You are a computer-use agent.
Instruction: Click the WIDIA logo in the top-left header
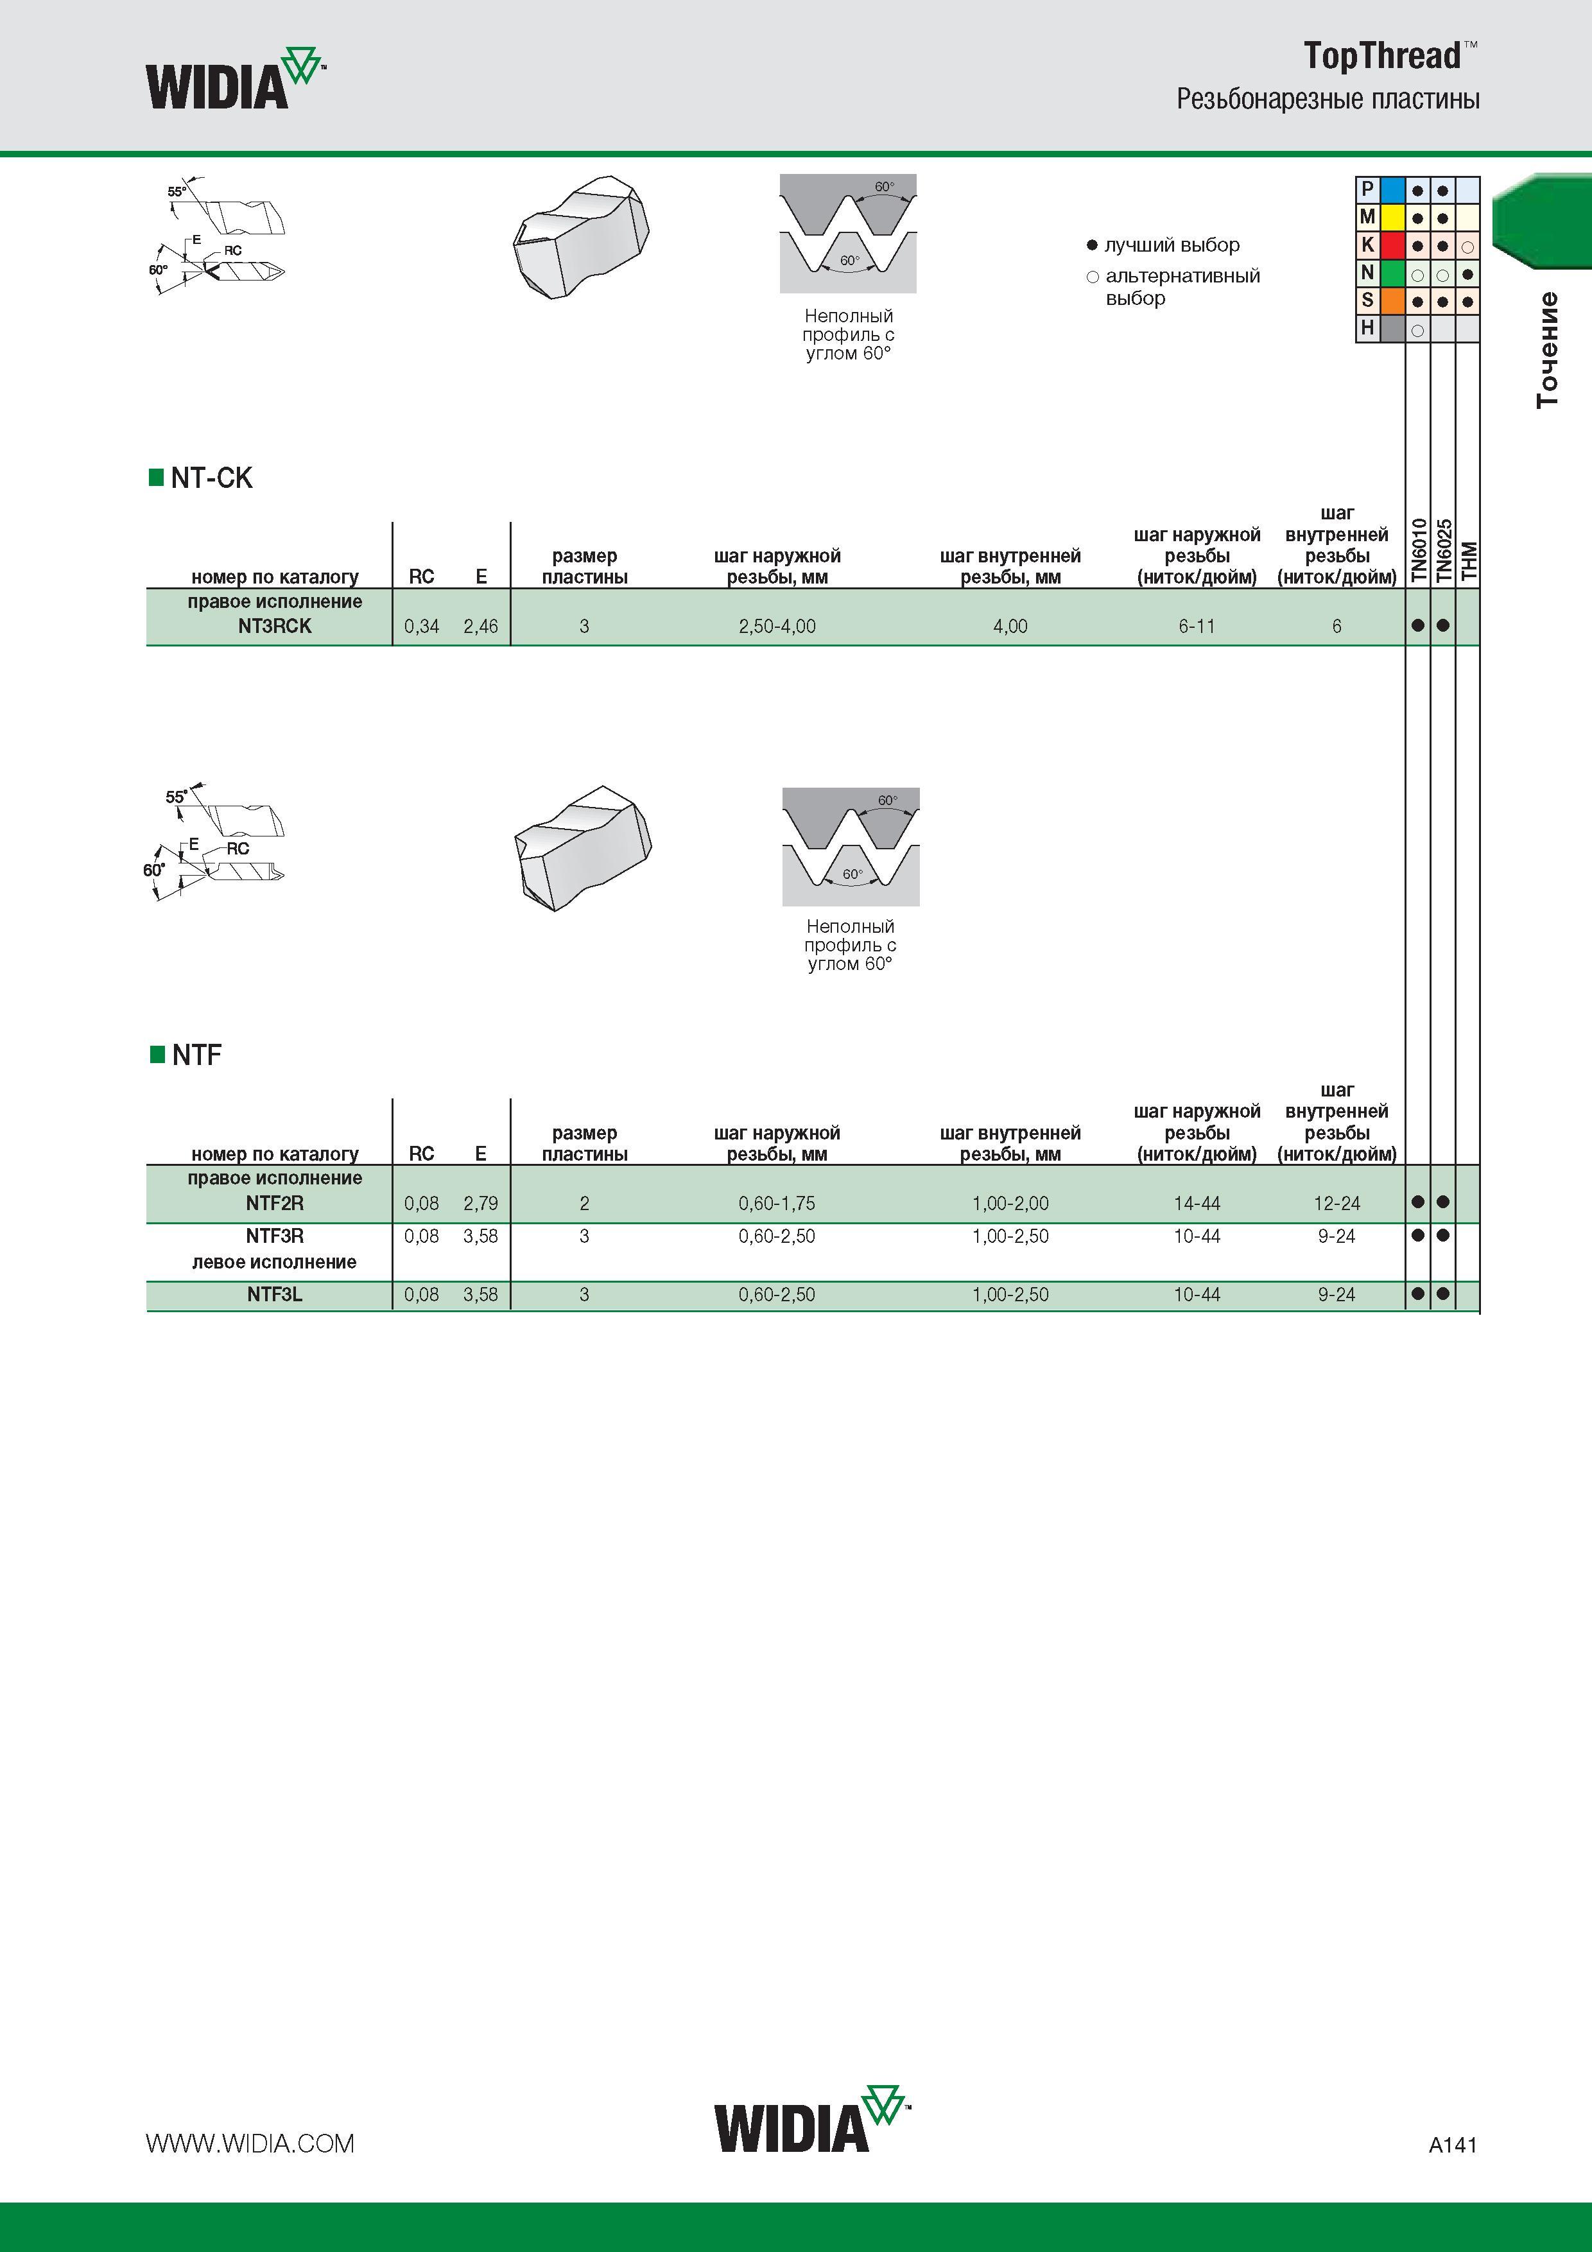(236, 78)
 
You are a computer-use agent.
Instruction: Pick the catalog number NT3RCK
(275, 626)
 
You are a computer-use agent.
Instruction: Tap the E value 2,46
(481, 627)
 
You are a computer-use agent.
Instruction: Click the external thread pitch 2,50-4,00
(777, 627)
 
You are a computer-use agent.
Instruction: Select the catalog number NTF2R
(275, 1202)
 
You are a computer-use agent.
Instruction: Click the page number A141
(1453, 2144)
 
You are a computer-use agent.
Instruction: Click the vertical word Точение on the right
(1547, 350)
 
